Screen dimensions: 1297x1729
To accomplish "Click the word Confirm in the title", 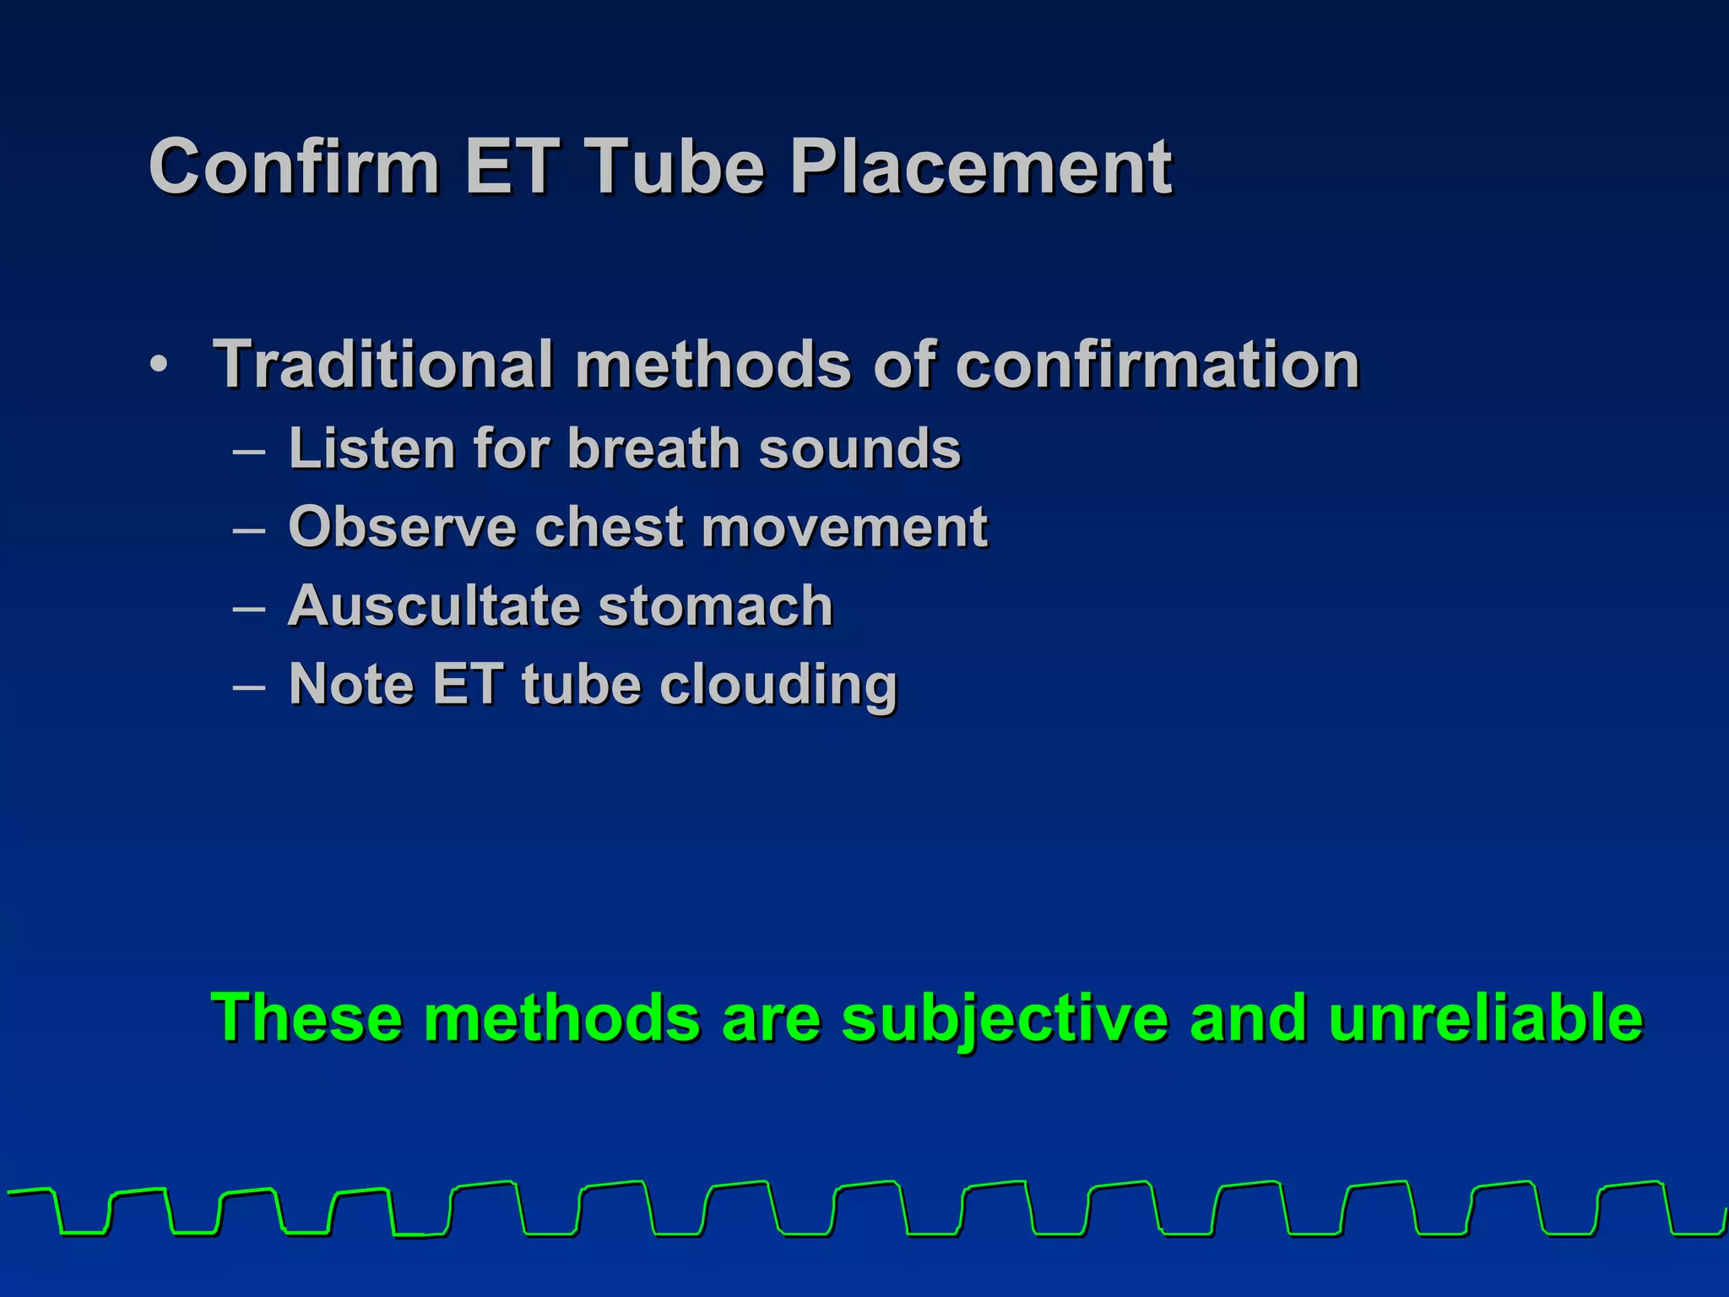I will (x=294, y=166).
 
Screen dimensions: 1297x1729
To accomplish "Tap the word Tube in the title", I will (x=674, y=166).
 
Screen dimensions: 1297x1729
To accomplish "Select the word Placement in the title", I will (x=981, y=166).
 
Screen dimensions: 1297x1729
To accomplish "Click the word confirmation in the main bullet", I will (x=1157, y=365).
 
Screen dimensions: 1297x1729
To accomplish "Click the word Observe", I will (x=402, y=527).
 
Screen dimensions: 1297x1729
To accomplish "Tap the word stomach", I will (x=716, y=605).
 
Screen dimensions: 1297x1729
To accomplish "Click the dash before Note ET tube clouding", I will (x=249, y=686).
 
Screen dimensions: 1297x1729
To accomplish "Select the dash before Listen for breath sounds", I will (x=249, y=451).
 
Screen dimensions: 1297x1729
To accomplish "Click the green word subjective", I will (x=1005, y=1018).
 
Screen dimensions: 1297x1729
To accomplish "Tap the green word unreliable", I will (x=1485, y=1018).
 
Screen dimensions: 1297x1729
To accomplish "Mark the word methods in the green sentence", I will (x=561, y=1018).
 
